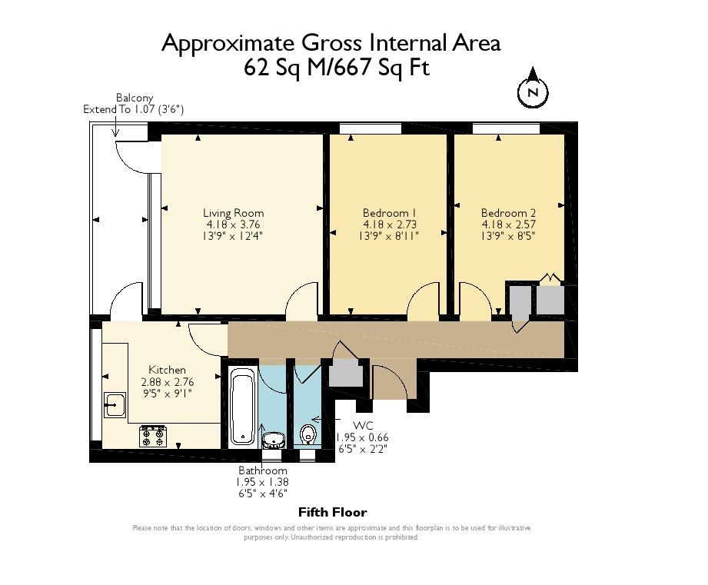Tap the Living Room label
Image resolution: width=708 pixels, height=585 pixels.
click(233, 213)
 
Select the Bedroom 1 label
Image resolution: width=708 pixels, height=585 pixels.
click(389, 213)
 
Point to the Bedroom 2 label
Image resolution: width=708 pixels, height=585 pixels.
click(508, 213)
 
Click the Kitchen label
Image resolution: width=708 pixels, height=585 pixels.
click(167, 370)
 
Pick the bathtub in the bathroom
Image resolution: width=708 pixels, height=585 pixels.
click(243, 406)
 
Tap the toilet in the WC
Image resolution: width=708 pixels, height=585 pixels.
click(308, 434)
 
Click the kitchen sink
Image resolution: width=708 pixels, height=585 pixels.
click(115, 404)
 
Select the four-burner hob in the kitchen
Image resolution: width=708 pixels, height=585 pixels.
click(153, 436)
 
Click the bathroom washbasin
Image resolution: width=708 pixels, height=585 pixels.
click(273, 440)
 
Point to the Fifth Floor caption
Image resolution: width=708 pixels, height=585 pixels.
click(332, 512)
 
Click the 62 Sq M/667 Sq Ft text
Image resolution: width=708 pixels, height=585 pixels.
click(337, 68)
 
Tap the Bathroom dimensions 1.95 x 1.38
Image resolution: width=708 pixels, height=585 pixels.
click(262, 482)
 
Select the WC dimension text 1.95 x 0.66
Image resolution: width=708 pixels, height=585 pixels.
click(362, 437)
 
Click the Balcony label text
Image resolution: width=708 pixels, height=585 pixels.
click(135, 98)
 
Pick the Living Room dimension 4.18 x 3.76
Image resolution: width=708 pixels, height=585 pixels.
click(233, 224)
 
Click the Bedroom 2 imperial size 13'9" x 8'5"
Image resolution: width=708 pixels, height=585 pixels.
click(508, 236)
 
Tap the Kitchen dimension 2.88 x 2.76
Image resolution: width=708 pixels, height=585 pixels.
click(167, 382)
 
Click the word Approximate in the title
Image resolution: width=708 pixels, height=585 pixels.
click(228, 45)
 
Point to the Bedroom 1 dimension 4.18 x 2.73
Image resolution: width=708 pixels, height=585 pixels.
click(389, 224)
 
